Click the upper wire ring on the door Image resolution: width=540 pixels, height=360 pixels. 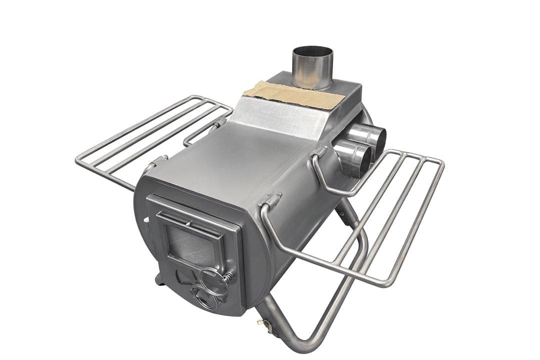click(213, 280)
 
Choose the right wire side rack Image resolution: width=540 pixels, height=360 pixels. click(380, 220)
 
